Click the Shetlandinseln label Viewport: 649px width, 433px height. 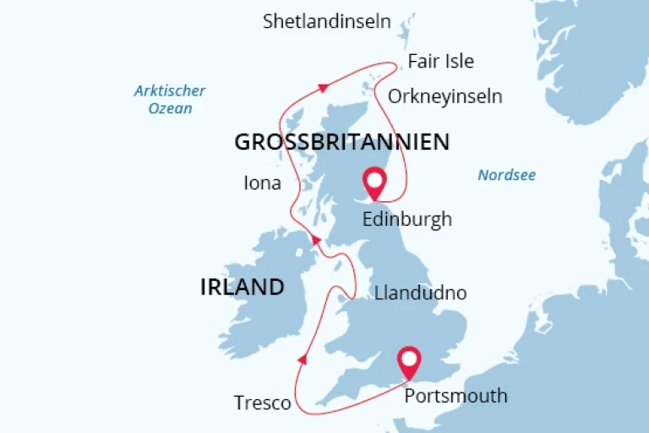click(x=326, y=22)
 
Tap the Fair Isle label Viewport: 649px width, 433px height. click(x=440, y=62)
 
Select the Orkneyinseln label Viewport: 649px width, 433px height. click(x=444, y=96)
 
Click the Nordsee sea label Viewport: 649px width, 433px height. click(x=506, y=175)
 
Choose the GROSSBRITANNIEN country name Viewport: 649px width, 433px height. click(x=341, y=142)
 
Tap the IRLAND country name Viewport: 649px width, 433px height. click(x=242, y=287)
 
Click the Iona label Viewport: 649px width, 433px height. click(x=262, y=183)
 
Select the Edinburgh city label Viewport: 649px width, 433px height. click(x=406, y=219)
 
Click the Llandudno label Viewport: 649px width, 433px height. click(x=420, y=293)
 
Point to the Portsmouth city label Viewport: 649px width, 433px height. click(x=456, y=395)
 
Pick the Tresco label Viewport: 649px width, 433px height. click(x=262, y=403)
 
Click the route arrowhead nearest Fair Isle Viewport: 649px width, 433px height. click(x=322, y=86)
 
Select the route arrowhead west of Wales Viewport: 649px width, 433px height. click(x=303, y=359)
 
